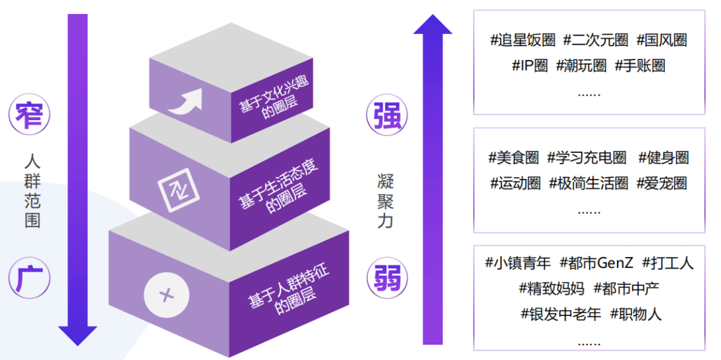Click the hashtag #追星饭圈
click(523, 40)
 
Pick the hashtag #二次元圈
click(595, 40)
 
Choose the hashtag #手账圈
click(639, 65)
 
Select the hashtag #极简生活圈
click(588, 183)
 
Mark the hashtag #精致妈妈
click(551, 289)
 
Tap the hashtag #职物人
click(636, 314)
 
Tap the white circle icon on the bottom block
click(166, 294)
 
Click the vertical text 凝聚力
click(385, 200)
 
